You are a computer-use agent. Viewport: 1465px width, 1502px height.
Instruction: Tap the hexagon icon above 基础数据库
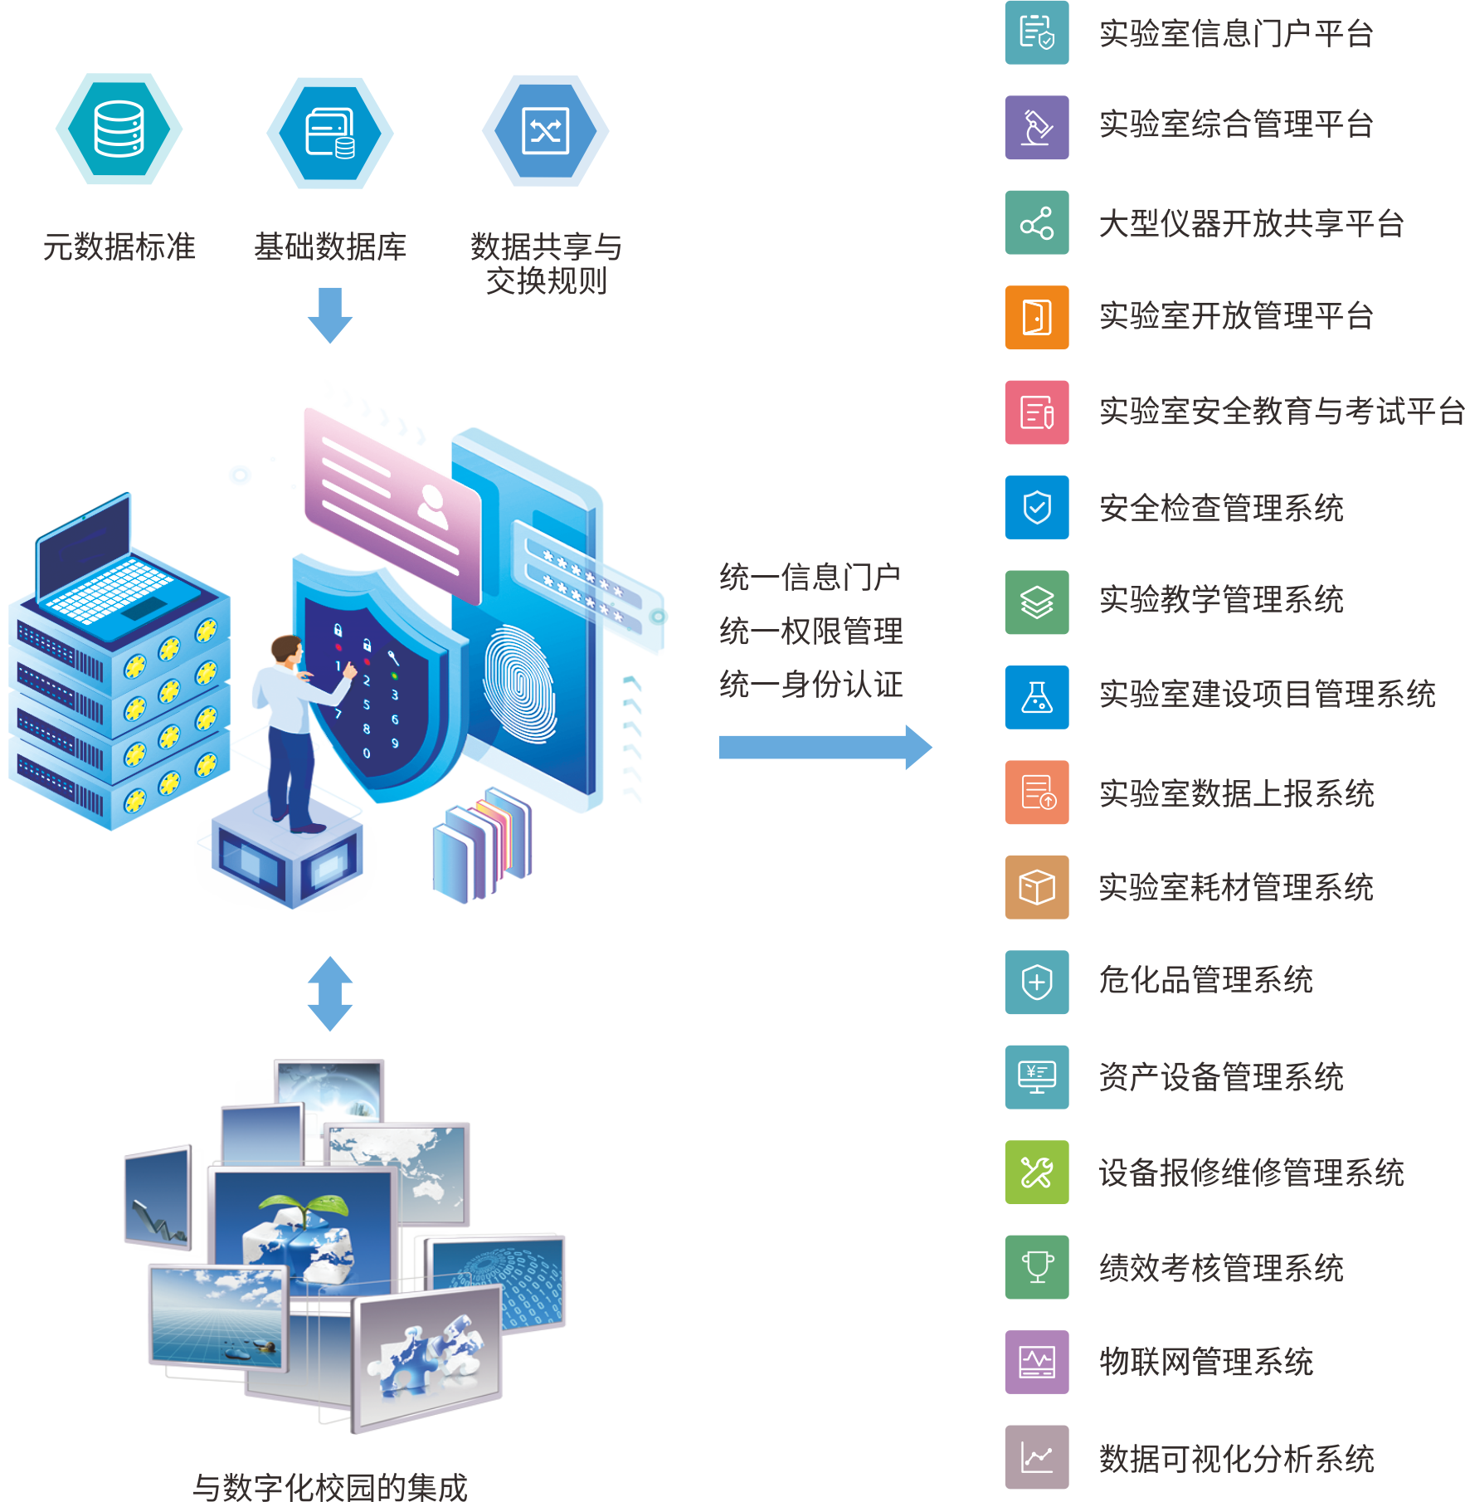(x=330, y=133)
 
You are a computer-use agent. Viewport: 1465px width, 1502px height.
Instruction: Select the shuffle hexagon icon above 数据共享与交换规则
(x=546, y=130)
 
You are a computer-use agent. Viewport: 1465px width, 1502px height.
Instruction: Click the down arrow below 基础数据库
(x=330, y=315)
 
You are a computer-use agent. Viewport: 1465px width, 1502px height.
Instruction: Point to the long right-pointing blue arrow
(x=825, y=748)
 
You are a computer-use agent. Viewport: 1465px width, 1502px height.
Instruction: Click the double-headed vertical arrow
(x=330, y=993)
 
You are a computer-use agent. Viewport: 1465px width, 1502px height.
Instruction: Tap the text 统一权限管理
(x=811, y=632)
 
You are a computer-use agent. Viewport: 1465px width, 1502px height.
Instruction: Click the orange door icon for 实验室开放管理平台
(x=1037, y=318)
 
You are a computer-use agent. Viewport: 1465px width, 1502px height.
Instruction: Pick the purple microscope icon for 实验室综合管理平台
(x=1037, y=128)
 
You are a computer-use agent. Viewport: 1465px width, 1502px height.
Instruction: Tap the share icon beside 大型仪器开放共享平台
(x=1037, y=222)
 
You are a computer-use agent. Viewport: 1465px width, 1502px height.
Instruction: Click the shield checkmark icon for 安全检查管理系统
(x=1037, y=507)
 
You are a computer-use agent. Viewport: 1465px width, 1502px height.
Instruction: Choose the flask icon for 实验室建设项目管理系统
(x=1037, y=697)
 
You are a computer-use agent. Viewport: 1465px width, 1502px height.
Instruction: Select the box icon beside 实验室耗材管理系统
(x=1037, y=887)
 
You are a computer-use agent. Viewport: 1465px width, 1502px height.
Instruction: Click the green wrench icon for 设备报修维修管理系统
(x=1037, y=1173)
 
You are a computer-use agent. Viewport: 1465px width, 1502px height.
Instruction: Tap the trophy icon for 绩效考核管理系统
(x=1037, y=1267)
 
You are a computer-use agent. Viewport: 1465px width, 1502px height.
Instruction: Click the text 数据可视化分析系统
(x=1237, y=1458)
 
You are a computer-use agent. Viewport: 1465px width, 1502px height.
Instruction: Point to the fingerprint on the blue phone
(x=519, y=685)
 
